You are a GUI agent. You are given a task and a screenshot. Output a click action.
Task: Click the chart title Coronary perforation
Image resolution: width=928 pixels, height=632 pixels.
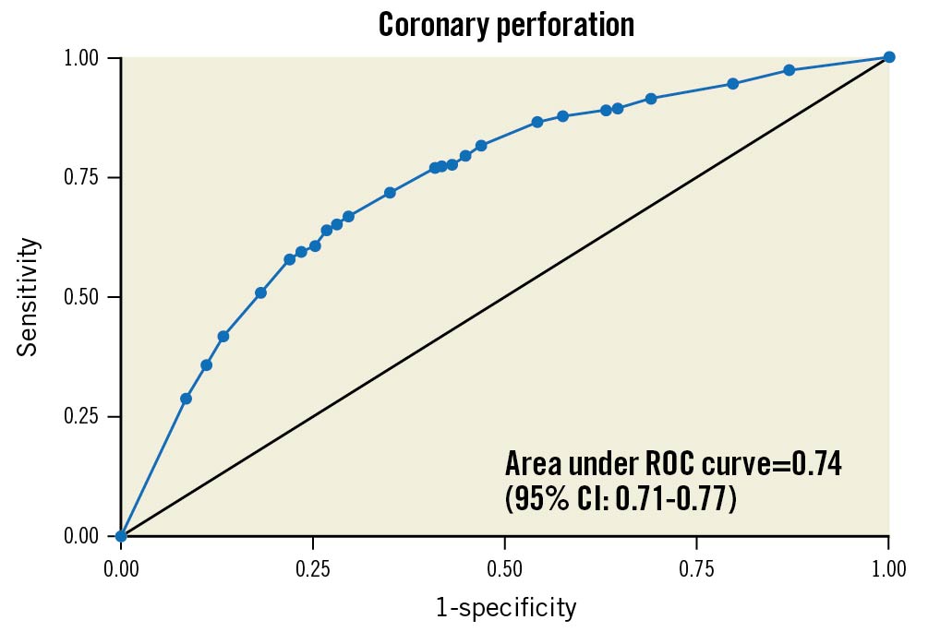pyautogui.click(x=506, y=25)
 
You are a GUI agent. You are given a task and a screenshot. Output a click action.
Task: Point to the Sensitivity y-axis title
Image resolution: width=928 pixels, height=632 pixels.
pyautogui.click(x=29, y=297)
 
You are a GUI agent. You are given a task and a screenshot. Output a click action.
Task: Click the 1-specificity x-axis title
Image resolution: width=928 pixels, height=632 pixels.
pyautogui.click(x=506, y=608)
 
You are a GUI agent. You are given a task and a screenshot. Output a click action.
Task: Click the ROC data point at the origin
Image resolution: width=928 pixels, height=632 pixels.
pyautogui.click(x=121, y=536)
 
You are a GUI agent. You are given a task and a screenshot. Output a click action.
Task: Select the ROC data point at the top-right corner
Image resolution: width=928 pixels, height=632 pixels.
pyautogui.click(x=889, y=57)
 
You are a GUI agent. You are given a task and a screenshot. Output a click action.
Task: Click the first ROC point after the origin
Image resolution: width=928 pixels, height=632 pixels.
pyautogui.click(x=186, y=399)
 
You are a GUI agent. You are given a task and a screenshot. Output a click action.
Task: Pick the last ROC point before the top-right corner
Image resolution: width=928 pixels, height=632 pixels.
pyautogui.click(x=789, y=70)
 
